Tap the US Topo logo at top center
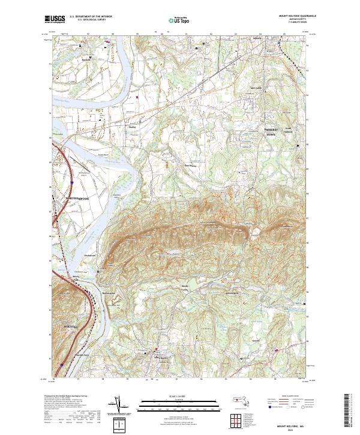(179, 20)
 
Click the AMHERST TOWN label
(274, 134)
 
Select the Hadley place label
(133, 127)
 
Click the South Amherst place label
(290, 128)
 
